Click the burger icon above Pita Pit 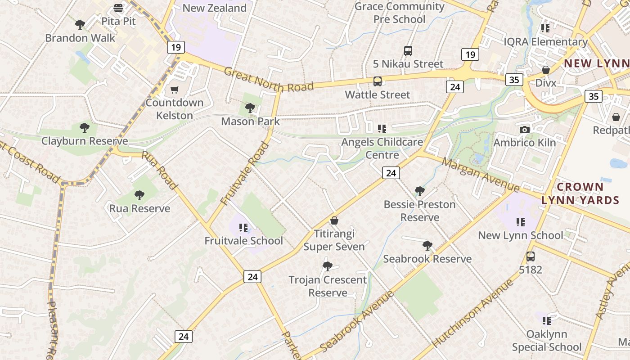[x=118, y=8]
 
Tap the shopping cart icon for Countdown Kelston [x=174, y=90]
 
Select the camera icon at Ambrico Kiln [x=524, y=130]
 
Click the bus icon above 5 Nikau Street [x=408, y=51]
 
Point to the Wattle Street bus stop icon [x=378, y=81]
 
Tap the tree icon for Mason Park [x=250, y=108]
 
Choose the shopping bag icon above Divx [x=545, y=70]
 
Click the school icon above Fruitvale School [x=243, y=228]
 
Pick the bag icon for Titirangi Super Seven [x=334, y=220]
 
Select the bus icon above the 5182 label [x=531, y=256]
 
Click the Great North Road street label [x=268, y=80]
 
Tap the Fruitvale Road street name [x=245, y=178]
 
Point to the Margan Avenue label [x=481, y=174]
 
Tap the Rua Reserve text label [x=140, y=208]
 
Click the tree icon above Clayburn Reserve [x=84, y=128]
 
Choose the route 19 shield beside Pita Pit [x=175, y=47]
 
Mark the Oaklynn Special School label [x=546, y=341]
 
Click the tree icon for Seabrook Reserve [x=427, y=246]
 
